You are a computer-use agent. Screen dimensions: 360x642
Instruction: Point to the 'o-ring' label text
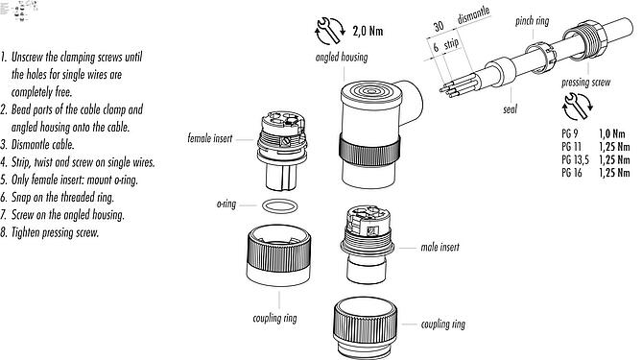[x=226, y=204]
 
